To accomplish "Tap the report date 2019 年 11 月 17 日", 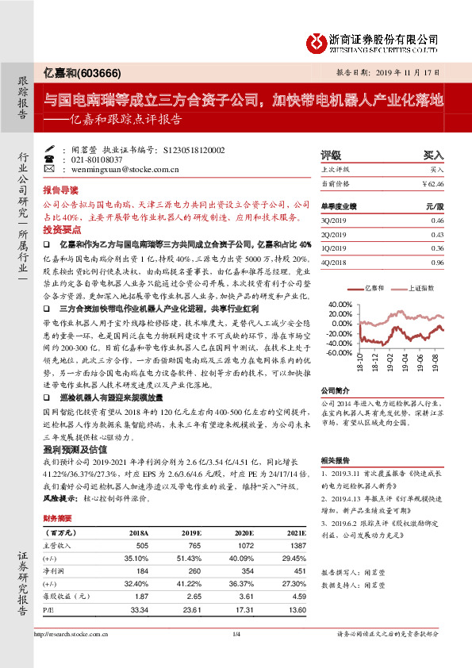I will [x=413, y=71].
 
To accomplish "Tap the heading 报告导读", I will [x=60, y=191].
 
